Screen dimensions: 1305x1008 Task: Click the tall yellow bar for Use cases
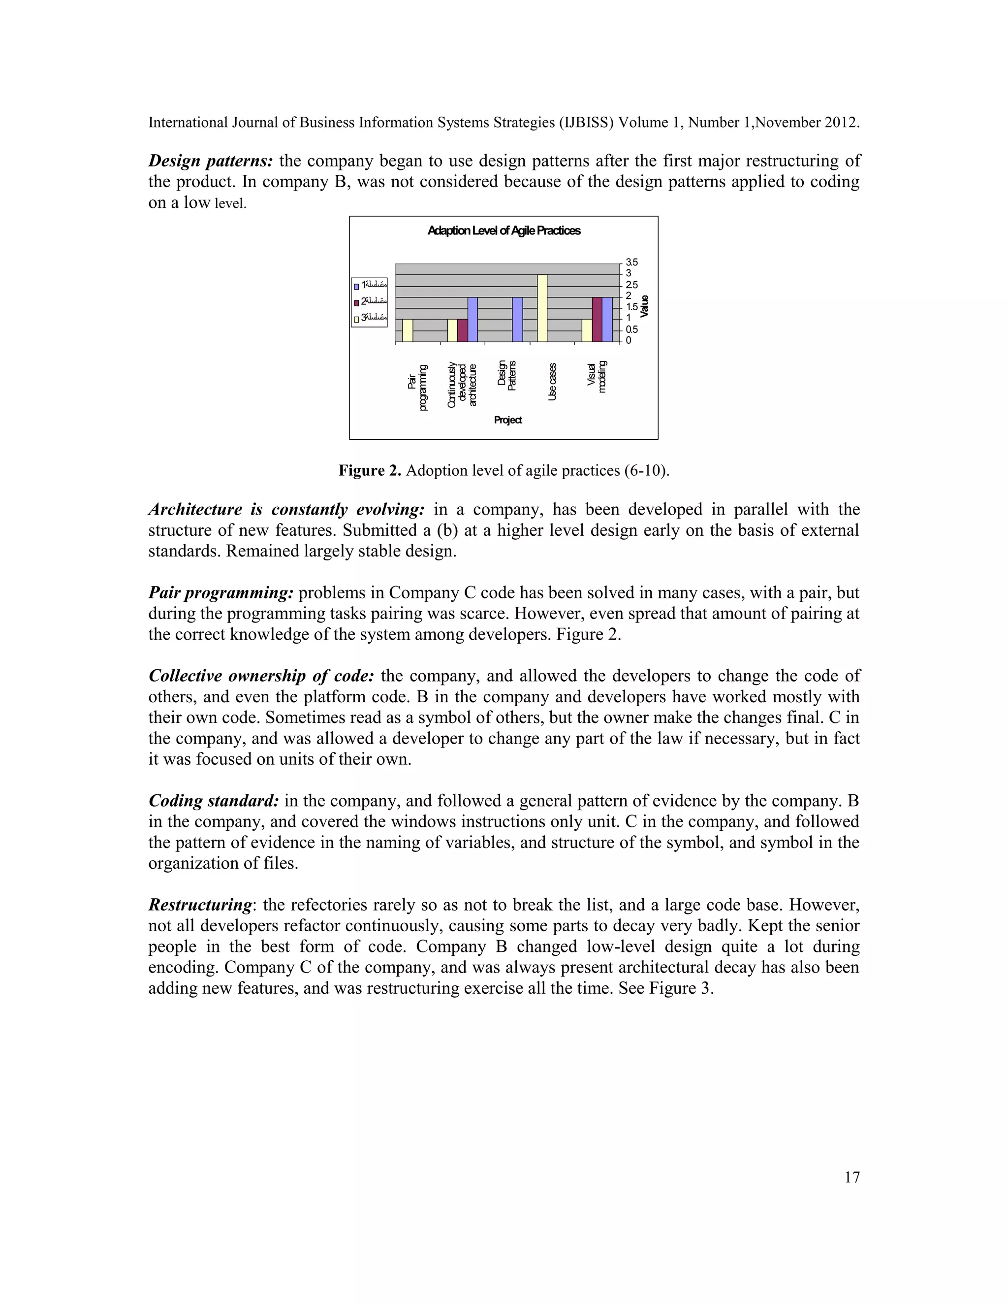(542, 308)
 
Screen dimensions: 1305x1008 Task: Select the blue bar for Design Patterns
(518, 320)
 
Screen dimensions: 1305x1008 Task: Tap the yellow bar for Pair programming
(408, 330)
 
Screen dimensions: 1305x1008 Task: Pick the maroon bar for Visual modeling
(597, 320)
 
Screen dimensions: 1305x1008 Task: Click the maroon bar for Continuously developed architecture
(462, 330)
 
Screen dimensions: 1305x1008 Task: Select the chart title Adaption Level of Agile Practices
(504, 230)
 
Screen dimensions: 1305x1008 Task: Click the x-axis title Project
(507, 420)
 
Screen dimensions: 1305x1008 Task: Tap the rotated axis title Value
(644, 306)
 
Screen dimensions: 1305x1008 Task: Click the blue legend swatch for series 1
(356, 286)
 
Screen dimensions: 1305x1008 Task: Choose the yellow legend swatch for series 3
(356, 319)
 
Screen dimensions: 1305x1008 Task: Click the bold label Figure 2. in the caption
(370, 470)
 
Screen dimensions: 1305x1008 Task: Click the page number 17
(851, 1177)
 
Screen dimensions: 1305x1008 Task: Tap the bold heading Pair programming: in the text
(221, 593)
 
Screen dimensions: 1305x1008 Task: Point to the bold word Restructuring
(200, 905)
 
